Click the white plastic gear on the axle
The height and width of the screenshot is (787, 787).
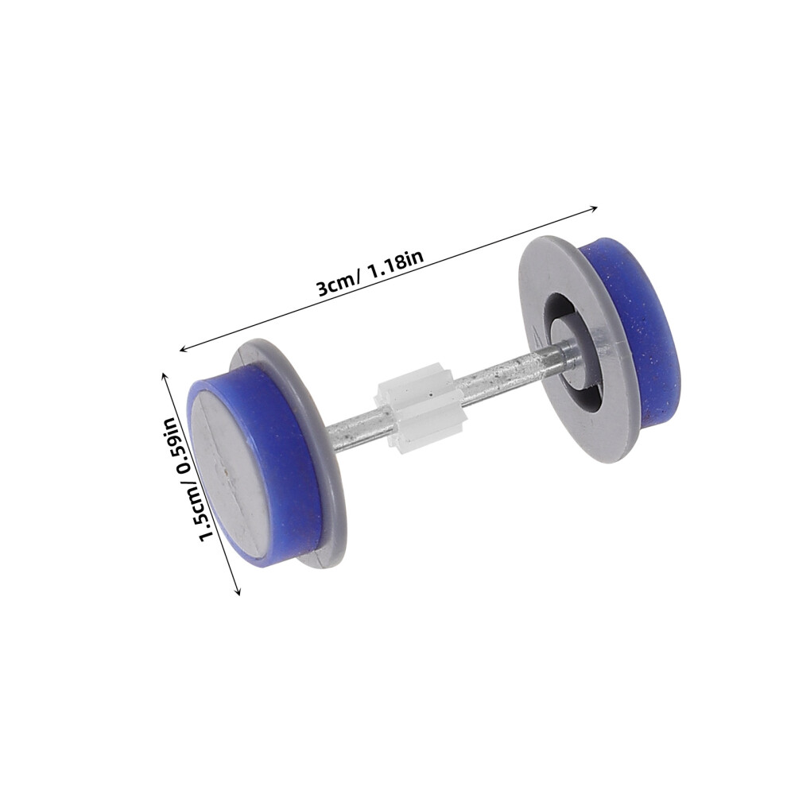click(x=415, y=412)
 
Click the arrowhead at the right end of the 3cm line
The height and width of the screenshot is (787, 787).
click(x=593, y=207)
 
